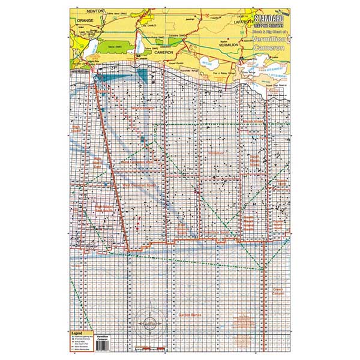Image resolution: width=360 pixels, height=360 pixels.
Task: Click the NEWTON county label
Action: point(95,11)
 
